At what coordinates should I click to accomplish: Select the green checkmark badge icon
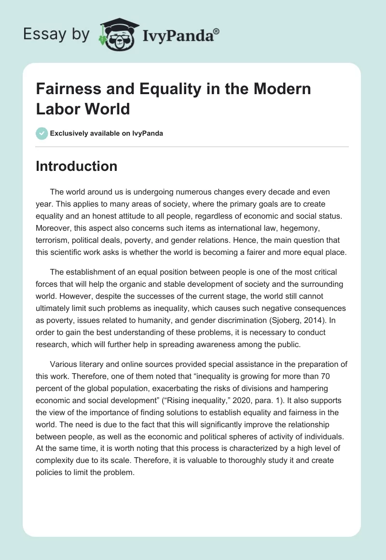point(41,133)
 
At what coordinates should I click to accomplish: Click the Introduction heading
point(76,166)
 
